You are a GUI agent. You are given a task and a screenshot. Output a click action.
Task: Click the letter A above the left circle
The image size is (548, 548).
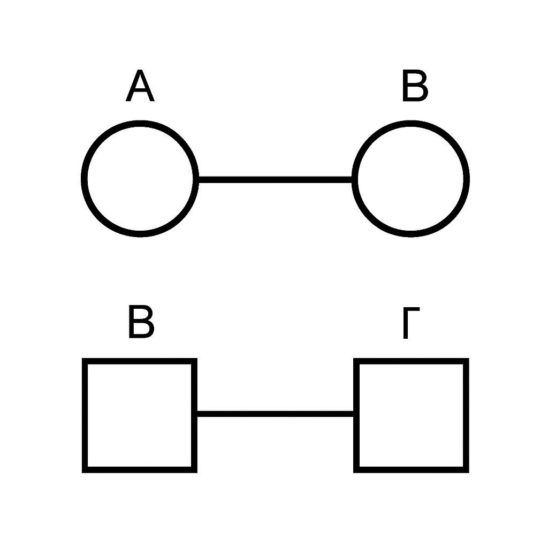(x=140, y=85)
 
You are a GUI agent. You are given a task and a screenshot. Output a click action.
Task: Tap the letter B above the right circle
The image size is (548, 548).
(x=415, y=85)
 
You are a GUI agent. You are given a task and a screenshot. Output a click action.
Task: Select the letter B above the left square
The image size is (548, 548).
(x=141, y=322)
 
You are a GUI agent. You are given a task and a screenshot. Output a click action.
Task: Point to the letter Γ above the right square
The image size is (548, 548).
(x=412, y=323)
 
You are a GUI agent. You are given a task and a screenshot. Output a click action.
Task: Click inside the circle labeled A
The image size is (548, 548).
(x=140, y=179)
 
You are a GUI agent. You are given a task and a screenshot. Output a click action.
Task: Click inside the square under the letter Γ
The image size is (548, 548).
(x=411, y=415)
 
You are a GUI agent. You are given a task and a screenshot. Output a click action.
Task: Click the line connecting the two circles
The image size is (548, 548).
(x=276, y=180)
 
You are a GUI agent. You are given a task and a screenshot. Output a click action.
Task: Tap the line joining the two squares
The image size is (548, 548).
(x=276, y=414)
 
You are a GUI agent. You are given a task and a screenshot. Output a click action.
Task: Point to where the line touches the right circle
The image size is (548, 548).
(x=352, y=180)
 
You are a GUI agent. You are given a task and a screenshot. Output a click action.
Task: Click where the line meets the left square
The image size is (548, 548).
(x=197, y=414)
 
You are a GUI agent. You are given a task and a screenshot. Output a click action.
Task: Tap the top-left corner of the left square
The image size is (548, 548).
(x=82, y=358)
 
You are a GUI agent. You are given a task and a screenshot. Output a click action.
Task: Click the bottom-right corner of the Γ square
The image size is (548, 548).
(x=469, y=473)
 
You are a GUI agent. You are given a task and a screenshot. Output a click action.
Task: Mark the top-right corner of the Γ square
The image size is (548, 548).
(x=469, y=358)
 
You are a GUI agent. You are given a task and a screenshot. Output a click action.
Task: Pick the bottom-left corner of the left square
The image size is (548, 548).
(x=82, y=473)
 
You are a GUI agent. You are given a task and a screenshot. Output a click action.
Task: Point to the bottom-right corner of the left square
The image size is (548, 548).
(x=197, y=473)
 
